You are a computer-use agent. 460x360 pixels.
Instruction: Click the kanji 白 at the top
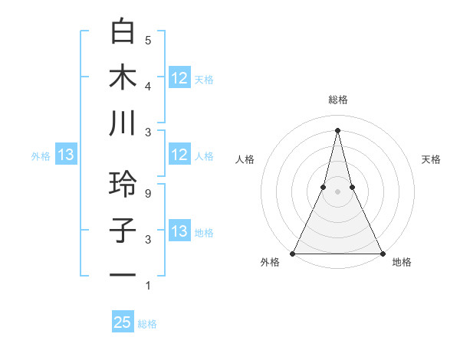tap(123, 32)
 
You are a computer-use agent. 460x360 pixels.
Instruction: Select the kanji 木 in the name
tap(123, 78)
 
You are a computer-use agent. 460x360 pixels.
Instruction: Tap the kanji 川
tap(123, 124)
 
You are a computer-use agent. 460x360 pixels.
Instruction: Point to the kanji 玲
tap(123, 185)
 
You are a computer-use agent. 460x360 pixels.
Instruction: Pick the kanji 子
tap(123, 231)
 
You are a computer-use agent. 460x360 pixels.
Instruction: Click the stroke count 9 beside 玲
tap(148, 194)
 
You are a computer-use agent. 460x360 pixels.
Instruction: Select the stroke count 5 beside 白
tap(148, 40)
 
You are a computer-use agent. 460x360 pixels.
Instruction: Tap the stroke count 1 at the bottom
tap(148, 286)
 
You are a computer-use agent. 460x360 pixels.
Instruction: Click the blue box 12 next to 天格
tap(179, 77)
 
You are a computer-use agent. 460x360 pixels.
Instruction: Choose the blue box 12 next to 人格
tap(179, 155)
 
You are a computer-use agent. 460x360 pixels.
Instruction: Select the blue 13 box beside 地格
tap(179, 231)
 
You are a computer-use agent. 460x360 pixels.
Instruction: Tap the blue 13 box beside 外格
tap(65, 155)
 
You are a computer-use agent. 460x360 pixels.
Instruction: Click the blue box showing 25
tap(123, 322)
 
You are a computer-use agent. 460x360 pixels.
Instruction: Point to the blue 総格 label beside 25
tap(148, 324)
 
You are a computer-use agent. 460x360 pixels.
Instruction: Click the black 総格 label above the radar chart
tap(337, 100)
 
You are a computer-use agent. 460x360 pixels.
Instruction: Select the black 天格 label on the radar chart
tap(431, 159)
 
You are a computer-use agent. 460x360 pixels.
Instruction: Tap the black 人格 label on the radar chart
tap(245, 159)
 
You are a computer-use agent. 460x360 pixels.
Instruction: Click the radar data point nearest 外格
tap(293, 253)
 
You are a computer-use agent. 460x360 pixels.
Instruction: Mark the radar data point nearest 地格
tap(382, 253)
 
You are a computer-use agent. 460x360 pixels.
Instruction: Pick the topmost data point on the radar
tap(337, 129)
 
